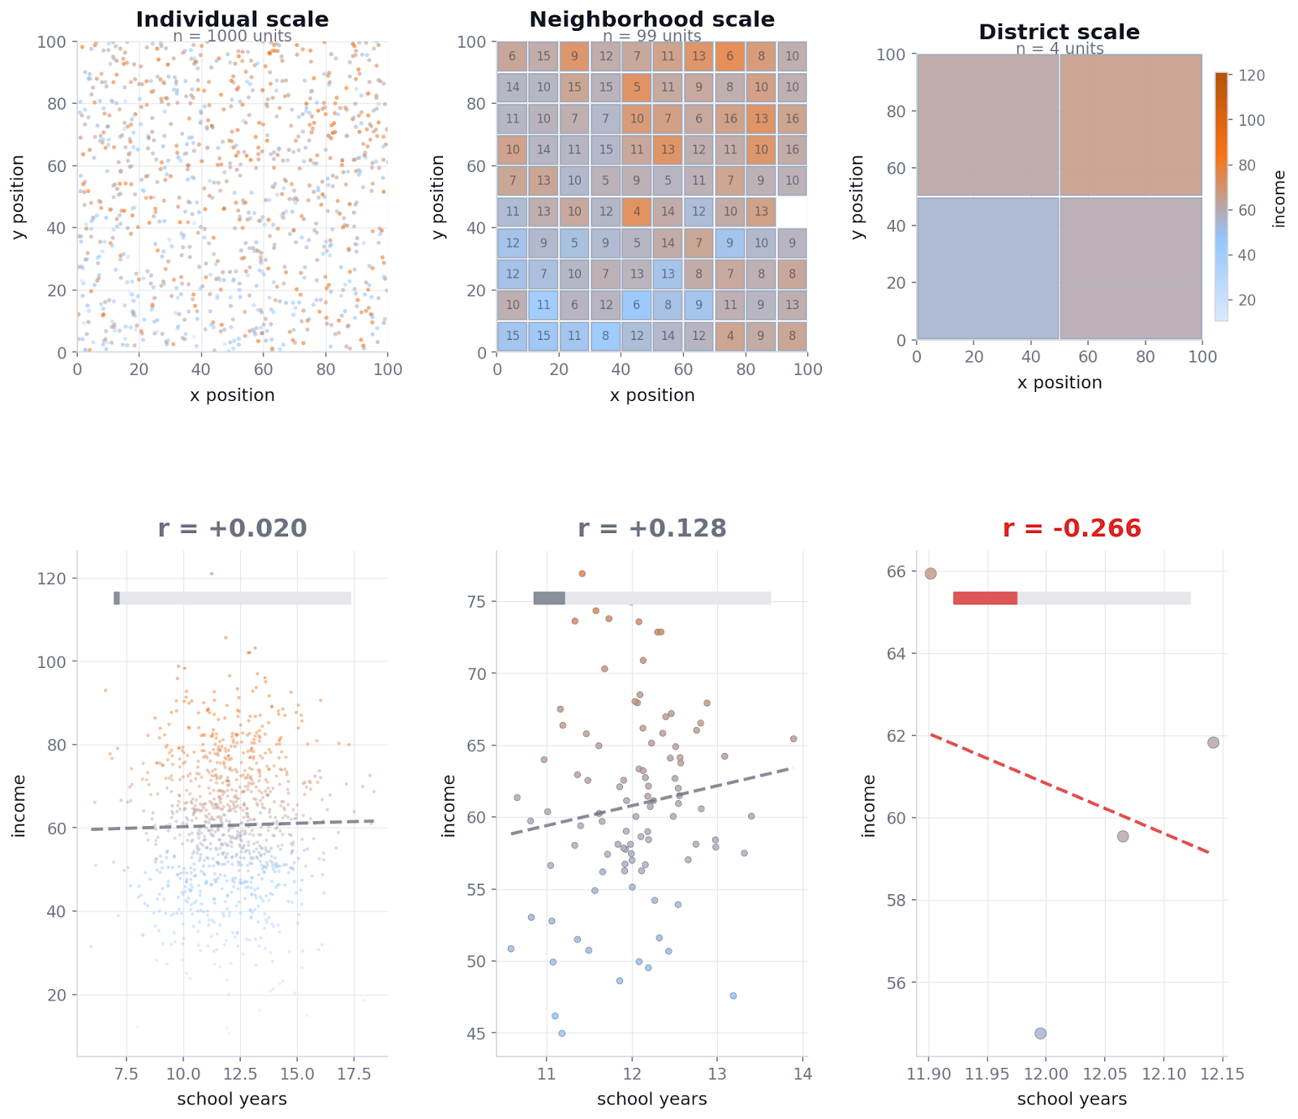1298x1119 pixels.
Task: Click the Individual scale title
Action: pyautogui.click(x=232, y=19)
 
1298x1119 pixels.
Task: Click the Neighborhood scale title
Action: pyautogui.click(x=651, y=19)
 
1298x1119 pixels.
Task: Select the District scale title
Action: pyautogui.click(x=1059, y=32)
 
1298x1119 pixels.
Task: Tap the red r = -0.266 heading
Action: pyautogui.click(x=1072, y=528)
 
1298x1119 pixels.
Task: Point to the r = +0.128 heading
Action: pyautogui.click(x=651, y=528)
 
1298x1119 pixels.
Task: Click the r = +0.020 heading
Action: pyautogui.click(x=232, y=528)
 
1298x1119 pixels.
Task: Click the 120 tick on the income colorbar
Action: pyautogui.click(x=1252, y=75)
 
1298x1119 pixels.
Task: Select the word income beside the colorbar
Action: pyautogui.click(x=1279, y=199)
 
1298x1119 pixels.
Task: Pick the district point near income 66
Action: pyautogui.click(x=931, y=574)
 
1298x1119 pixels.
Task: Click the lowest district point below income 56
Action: pyautogui.click(x=1040, y=1033)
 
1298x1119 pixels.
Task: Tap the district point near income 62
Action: pyautogui.click(x=1213, y=742)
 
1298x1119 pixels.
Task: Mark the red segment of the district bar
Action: pyautogui.click(x=985, y=598)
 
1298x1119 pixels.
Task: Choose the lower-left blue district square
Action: pyautogui.click(x=987, y=268)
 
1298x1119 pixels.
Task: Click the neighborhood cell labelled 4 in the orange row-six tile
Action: pyautogui.click(x=637, y=212)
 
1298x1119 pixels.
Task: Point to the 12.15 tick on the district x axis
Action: pyautogui.click(x=1222, y=1074)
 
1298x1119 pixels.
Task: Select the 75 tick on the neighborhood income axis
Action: pyautogui.click(x=475, y=602)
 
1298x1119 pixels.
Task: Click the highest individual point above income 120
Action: pyautogui.click(x=212, y=574)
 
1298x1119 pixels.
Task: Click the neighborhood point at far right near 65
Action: pyautogui.click(x=793, y=738)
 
